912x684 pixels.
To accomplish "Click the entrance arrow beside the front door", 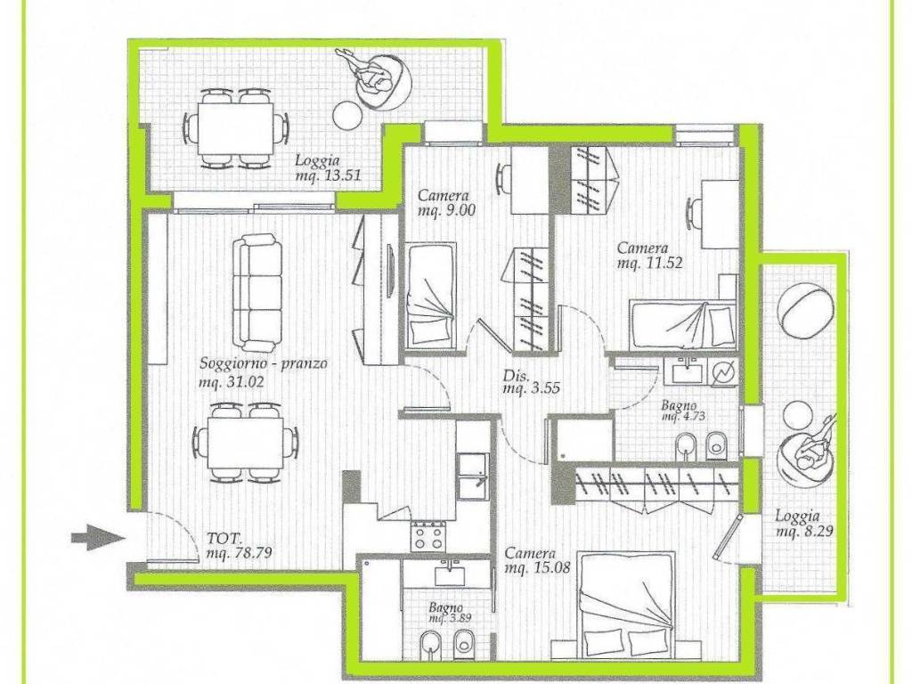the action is [x=98, y=537].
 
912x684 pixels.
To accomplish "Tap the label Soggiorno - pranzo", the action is [x=264, y=364].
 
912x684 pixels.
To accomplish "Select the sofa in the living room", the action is [x=257, y=292].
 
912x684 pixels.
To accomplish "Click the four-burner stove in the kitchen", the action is [x=429, y=536].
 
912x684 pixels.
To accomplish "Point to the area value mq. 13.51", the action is [x=328, y=175].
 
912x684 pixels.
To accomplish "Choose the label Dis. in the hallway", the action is [x=516, y=376].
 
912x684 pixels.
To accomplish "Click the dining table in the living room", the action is [x=246, y=443].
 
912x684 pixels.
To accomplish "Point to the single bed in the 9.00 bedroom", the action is [x=431, y=296].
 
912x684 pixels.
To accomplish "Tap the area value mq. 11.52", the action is [x=649, y=263].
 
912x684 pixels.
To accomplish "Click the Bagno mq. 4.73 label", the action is [x=683, y=411].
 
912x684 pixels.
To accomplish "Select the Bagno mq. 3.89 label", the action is [x=450, y=614].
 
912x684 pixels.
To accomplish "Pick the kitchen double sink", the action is [x=472, y=476].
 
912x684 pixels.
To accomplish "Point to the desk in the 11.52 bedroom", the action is [x=720, y=214].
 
